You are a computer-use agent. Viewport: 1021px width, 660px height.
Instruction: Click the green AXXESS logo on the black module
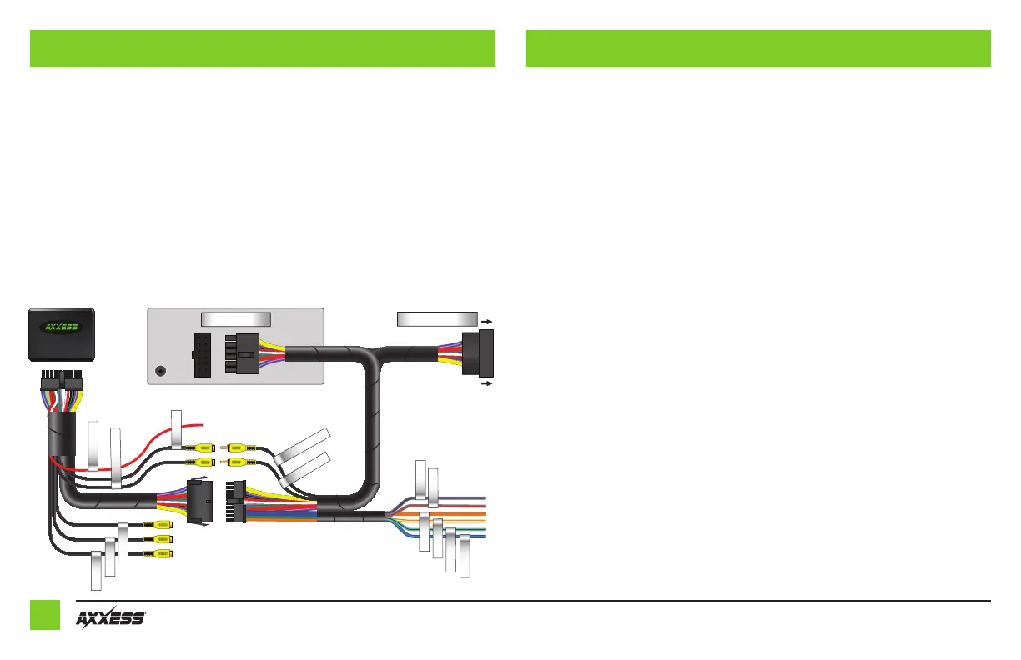click(61, 327)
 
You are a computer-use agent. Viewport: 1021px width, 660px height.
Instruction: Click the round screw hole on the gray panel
click(160, 371)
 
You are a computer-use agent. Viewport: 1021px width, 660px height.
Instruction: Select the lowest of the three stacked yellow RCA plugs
click(158, 553)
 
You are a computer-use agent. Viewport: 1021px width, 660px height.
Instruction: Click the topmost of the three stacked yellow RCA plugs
click(158, 525)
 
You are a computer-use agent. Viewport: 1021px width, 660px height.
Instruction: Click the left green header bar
click(263, 48)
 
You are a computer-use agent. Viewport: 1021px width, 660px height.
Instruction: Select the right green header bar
click(757, 48)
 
